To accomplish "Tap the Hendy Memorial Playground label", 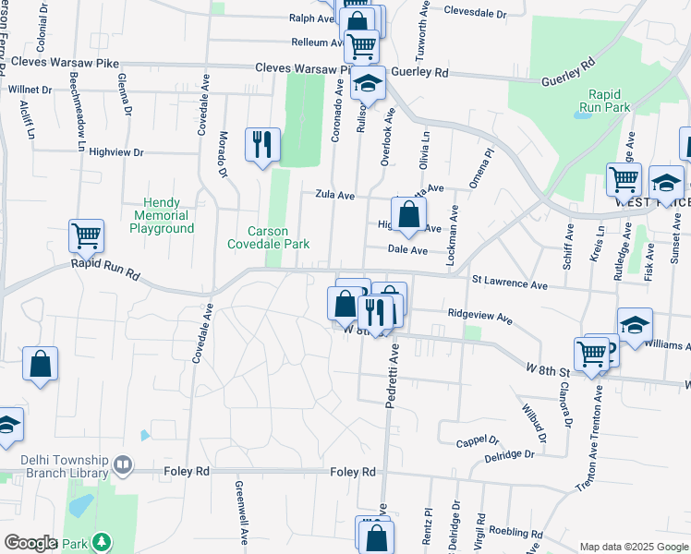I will click(x=168, y=215).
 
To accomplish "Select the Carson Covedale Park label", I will click(x=268, y=237).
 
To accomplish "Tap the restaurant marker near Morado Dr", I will click(x=262, y=144).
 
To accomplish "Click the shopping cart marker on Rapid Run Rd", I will click(x=86, y=236).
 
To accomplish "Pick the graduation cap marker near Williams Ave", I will click(x=635, y=325).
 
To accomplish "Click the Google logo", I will click(x=30, y=543).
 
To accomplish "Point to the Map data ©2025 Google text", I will click(x=633, y=547).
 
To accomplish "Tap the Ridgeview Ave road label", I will click(x=479, y=315).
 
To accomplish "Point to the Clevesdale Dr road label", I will click(x=476, y=14).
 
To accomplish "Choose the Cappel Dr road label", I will click(x=478, y=442).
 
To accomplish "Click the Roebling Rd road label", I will click(x=516, y=532).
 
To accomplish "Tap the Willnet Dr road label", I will click(x=30, y=90).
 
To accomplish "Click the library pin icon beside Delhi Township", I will click(x=123, y=464).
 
